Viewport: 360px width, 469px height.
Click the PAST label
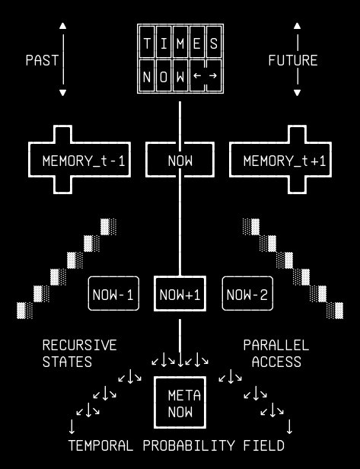tap(42, 60)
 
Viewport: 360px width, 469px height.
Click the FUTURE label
tap(293, 60)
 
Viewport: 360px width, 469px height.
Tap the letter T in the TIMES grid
tap(147, 43)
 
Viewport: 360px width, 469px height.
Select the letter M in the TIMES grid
tap(180, 43)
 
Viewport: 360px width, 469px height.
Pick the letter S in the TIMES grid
tap(213, 43)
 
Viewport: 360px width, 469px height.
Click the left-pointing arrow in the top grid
tap(197, 75)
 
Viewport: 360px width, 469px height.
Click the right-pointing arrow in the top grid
tap(213, 75)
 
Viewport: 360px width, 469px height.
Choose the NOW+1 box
tap(155, 293)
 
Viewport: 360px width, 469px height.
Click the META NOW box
tap(155, 402)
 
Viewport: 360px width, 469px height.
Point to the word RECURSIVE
tap(79, 345)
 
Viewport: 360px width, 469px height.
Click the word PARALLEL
tap(276, 345)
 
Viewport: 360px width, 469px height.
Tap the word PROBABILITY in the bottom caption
tap(189, 445)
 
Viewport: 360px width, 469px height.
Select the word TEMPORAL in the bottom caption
tap(100, 445)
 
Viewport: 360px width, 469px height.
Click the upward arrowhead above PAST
tap(62, 26)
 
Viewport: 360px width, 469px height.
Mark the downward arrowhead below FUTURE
tap(297, 92)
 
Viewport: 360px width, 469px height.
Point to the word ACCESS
tap(276, 362)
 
